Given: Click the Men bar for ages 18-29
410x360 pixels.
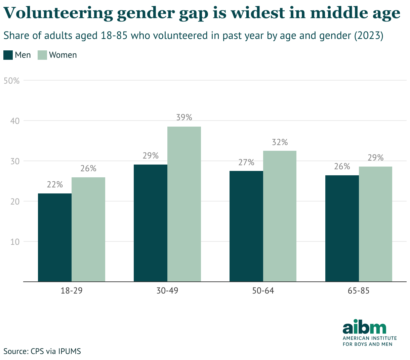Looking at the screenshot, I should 55,237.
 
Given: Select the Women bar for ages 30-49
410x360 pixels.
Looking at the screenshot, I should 184,204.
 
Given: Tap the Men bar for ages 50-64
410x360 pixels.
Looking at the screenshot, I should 246,226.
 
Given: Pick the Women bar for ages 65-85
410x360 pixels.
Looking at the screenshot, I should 375,224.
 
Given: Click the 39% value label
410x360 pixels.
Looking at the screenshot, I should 184,118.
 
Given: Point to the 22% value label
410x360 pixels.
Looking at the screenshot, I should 55,185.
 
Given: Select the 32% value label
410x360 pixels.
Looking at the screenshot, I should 280,142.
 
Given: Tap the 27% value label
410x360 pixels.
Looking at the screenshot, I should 246,163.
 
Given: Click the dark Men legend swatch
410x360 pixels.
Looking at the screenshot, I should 8,55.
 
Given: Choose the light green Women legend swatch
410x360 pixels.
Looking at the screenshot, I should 42,55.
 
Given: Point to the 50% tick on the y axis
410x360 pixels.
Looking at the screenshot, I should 11,81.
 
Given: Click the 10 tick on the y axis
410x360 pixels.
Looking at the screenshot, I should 15,242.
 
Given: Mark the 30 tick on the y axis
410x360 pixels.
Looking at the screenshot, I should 15,161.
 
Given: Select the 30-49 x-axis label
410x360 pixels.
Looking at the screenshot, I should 167,291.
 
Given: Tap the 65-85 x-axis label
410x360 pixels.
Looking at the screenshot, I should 359,291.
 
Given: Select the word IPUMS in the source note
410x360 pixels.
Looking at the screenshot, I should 69,352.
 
